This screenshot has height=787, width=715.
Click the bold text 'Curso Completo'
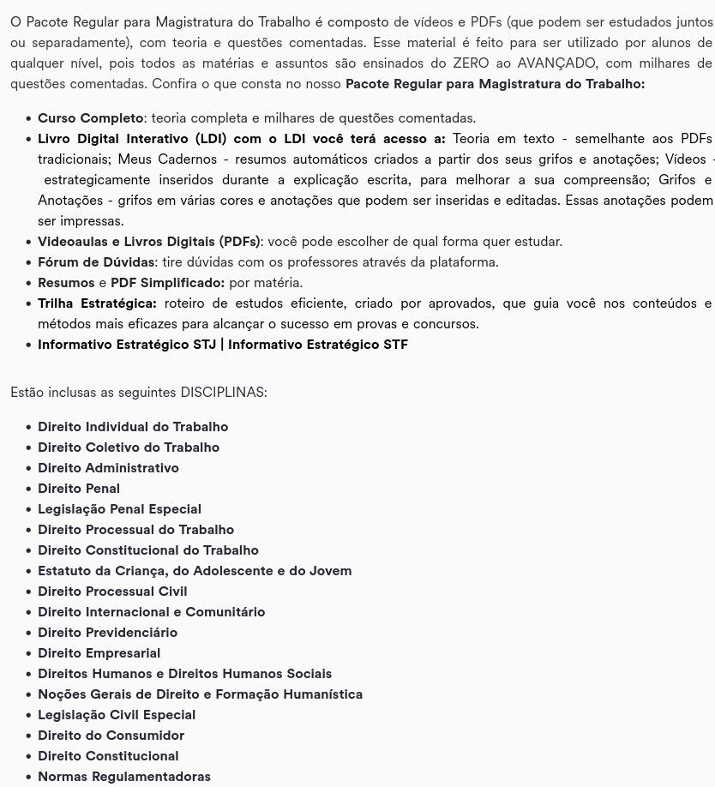(x=90, y=118)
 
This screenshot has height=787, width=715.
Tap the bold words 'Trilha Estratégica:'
(x=97, y=303)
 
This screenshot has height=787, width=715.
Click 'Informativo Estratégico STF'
(x=318, y=345)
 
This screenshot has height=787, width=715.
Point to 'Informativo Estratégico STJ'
(x=127, y=345)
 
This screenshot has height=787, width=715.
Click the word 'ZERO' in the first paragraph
(x=471, y=63)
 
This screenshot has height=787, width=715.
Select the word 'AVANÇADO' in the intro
(x=556, y=63)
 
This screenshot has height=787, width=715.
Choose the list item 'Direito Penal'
(x=79, y=489)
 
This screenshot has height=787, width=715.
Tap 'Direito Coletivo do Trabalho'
(x=129, y=448)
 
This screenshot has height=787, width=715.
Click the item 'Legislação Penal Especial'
(x=119, y=509)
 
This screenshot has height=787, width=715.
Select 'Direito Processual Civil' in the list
(x=112, y=592)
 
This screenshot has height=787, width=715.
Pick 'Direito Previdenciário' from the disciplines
(x=107, y=633)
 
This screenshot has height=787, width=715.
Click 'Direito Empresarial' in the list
(x=99, y=653)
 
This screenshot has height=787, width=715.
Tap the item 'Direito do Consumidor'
(x=111, y=736)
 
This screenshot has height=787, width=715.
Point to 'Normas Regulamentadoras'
(x=124, y=777)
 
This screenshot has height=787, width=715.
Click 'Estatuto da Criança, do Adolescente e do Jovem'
(x=195, y=571)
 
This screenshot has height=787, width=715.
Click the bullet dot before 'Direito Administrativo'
(x=29, y=469)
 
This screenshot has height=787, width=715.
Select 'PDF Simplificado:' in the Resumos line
(x=167, y=283)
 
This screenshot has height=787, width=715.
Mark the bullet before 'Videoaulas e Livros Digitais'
(x=29, y=243)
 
